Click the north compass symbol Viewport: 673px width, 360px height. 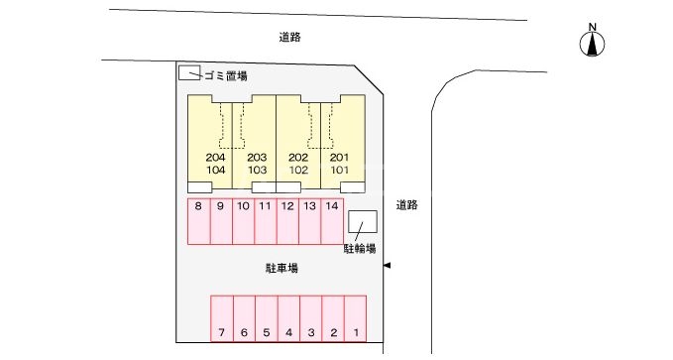click(593, 43)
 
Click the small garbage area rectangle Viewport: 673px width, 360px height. click(188, 72)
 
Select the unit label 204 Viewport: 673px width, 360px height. click(215, 158)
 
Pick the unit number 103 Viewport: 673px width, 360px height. click(258, 171)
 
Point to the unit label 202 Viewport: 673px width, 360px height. click(298, 158)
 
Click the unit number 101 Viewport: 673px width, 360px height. click(340, 171)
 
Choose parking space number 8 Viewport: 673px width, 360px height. click(199, 206)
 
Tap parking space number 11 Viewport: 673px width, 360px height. click(266, 206)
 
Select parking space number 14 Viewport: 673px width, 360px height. click(332, 206)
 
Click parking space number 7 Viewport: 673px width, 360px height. click(222, 332)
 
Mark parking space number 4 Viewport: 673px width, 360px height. click(288, 332)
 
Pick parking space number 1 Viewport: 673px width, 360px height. click(355, 332)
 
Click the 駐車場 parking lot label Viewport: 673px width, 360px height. click(281, 268)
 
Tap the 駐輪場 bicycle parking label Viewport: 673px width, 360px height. click(359, 248)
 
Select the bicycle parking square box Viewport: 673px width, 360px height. click(363, 222)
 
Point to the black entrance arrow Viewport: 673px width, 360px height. click(388, 265)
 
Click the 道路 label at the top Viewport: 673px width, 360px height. click(289, 37)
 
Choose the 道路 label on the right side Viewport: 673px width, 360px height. click(406, 205)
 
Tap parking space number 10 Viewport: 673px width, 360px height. click(243, 206)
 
